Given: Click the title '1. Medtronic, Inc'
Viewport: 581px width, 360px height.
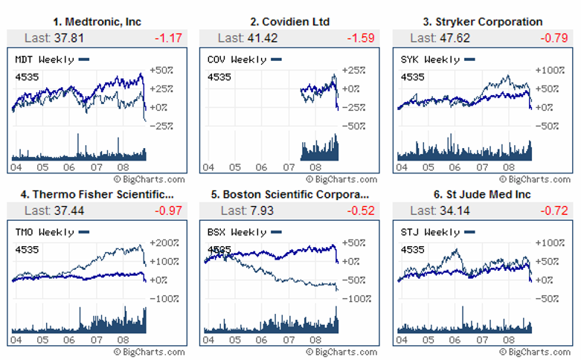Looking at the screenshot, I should coord(97,22).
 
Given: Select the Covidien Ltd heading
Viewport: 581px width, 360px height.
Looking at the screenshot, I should coord(290,22).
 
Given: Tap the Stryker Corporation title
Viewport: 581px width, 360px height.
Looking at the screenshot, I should coord(483,22).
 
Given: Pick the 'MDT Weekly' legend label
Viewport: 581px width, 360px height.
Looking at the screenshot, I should coord(45,60).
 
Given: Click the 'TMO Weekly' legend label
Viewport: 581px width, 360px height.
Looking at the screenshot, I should coord(45,232).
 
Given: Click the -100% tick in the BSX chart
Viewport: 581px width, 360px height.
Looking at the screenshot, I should coord(356,298).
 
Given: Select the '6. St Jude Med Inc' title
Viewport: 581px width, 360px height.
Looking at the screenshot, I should coord(483,194).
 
